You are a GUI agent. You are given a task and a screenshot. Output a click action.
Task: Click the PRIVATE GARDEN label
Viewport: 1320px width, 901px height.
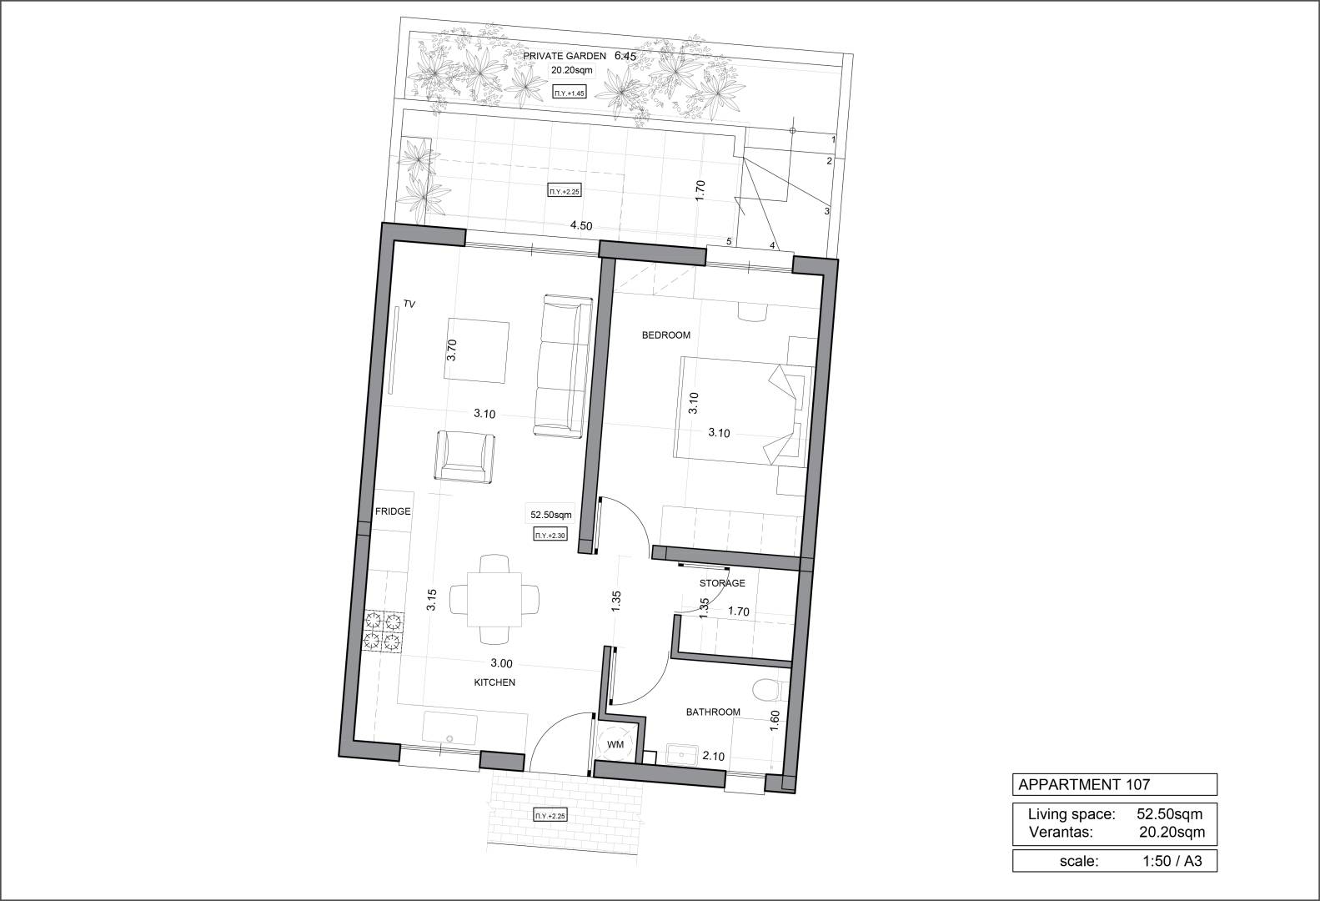(x=565, y=56)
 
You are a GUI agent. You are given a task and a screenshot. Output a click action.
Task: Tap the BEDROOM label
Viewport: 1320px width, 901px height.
(x=666, y=335)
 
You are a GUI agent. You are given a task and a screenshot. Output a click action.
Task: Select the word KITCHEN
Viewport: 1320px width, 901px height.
(x=494, y=682)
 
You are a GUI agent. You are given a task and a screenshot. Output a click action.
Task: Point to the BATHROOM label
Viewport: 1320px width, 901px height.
(x=713, y=712)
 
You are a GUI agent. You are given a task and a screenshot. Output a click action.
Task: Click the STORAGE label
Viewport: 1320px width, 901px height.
(x=722, y=582)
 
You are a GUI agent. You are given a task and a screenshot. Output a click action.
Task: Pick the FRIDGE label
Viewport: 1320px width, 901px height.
(x=393, y=511)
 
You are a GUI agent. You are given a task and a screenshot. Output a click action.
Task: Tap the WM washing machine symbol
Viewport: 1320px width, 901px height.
(x=615, y=745)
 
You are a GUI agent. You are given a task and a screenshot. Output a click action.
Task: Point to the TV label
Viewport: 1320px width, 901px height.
(x=409, y=305)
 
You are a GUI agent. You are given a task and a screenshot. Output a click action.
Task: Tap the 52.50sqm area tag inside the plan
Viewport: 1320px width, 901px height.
(x=551, y=514)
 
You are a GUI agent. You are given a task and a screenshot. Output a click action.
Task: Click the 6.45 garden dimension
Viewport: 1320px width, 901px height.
(x=625, y=56)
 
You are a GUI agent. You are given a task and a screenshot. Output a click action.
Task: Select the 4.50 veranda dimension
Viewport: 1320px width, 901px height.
(x=581, y=226)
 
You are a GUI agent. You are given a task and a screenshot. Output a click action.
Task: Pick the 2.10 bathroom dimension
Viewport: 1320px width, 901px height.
(x=713, y=756)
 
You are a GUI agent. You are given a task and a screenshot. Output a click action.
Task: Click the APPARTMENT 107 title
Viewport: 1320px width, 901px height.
(x=1084, y=784)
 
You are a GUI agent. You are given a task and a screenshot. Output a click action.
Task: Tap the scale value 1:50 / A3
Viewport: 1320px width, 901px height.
(x=1172, y=861)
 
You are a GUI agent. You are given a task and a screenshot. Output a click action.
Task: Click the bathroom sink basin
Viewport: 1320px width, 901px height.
(x=682, y=754)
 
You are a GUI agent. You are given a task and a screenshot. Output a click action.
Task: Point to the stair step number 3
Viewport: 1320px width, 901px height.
(x=826, y=211)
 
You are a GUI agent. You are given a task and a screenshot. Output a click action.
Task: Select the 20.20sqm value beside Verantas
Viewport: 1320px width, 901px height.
(x=1172, y=832)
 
